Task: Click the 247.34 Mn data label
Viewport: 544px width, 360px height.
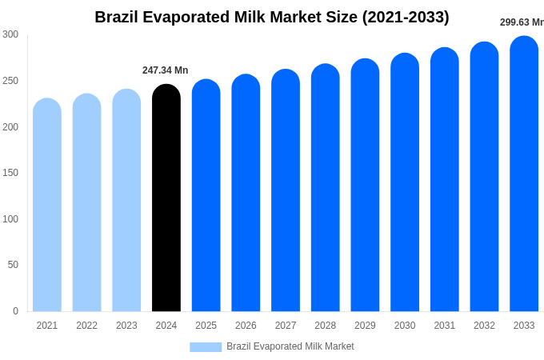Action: click(166, 70)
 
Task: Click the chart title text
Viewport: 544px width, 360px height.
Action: click(272, 17)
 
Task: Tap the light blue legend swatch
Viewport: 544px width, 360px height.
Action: click(206, 346)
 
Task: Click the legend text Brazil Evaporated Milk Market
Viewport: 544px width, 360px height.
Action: click(290, 346)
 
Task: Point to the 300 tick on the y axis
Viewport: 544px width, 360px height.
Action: click(10, 34)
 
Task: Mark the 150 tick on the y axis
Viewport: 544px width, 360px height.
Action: click(10, 173)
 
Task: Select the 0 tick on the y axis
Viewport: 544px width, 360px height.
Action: click(15, 311)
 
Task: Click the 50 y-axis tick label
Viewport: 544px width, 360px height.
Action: click(13, 265)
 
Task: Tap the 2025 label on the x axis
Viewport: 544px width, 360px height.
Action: click(206, 326)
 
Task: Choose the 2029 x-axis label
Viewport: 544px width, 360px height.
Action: click(365, 326)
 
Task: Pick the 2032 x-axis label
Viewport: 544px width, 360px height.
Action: click(484, 326)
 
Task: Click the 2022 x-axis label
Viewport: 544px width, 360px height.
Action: click(86, 326)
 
